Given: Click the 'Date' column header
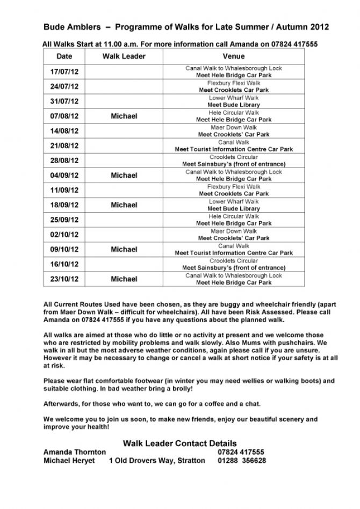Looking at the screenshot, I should pos(64,56).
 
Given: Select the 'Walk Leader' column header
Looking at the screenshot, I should pos(124,56).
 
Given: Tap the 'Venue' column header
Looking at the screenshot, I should pos(233,56).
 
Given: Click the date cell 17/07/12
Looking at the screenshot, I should pos(64,72).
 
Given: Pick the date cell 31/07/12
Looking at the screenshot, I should pos(64,101).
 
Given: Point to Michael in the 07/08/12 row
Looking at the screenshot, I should pos(124,116).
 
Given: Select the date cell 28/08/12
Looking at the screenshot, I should pos(64,161).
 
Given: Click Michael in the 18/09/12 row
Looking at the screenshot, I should pos(124,205).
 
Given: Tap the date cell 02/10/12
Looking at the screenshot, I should pos(64,235).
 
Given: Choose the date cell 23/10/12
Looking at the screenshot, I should pos(64,279).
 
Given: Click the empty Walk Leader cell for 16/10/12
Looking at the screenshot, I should pos(124,264).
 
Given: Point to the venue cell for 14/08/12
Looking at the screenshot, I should pos(233,131).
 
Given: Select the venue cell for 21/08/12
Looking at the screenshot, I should pos(233,146).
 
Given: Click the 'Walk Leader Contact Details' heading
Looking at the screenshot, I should pos(179,443).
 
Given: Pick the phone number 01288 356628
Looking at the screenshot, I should pos(242,461).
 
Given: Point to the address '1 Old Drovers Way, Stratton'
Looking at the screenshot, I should pos(157,461).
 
